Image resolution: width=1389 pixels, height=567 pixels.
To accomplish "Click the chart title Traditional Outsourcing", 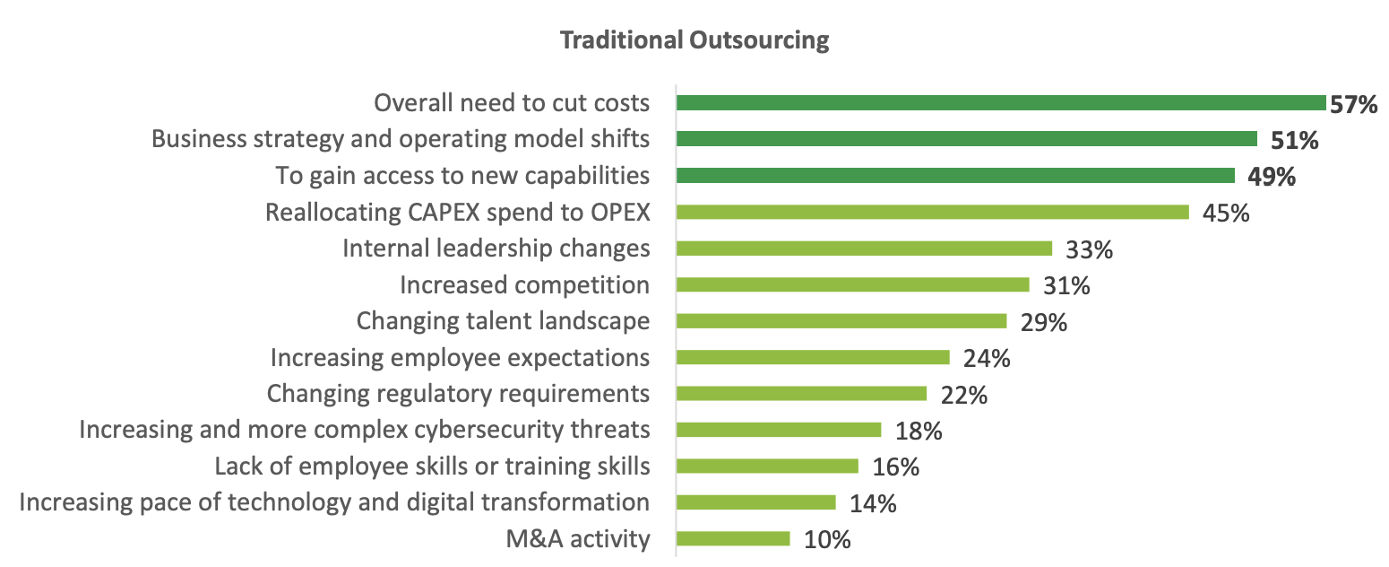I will (x=694, y=40).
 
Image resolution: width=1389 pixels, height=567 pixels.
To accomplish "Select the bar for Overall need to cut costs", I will (x=1000, y=103).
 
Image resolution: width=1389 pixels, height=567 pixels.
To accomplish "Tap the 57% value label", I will (x=1353, y=104).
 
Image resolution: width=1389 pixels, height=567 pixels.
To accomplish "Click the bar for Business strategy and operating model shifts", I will (x=967, y=139).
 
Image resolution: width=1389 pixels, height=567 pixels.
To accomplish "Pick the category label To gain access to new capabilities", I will (x=462, y=176).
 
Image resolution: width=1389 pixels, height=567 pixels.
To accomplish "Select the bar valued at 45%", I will (x=932, y=212).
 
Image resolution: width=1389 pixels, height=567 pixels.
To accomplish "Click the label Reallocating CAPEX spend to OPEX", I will (x=457, y=213).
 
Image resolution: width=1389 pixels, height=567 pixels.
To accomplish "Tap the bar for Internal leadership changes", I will (x=864, y=249).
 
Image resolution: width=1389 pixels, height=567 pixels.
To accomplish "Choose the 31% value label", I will (x=1066, y=286).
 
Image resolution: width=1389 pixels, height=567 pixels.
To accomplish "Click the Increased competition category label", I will (x=524, y=285).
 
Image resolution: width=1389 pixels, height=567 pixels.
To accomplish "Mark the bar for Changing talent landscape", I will (x=841, y=321).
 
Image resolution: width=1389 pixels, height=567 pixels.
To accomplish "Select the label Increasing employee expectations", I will (x=460, y=358).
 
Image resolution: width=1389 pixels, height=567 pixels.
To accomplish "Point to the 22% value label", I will (x=964, y=395).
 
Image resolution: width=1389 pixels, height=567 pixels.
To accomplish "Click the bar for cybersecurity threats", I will (x=779, y=430).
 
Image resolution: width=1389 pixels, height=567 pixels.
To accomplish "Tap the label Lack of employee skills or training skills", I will (x=432, y=467).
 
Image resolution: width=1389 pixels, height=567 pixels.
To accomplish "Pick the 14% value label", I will (x=873, y=503).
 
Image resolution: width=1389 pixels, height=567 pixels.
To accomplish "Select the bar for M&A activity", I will (x=733, y=538).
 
